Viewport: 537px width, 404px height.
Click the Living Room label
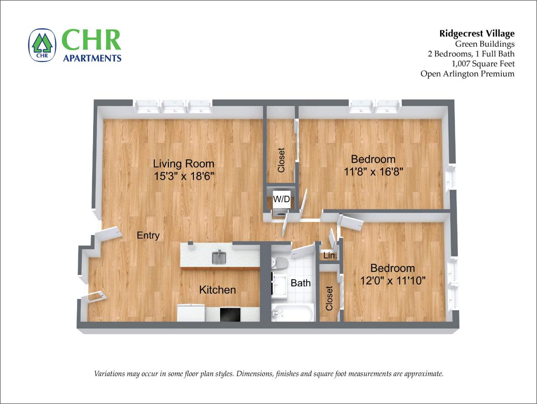click(x=183, y=164)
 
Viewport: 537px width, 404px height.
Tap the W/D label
click(x=282, y=199)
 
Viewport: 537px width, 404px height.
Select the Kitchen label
click(x=217, y=290)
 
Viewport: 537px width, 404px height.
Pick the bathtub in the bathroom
click(x=292, y=312)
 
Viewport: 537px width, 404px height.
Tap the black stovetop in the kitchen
click(x=230, y=314)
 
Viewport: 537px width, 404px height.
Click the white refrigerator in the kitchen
click(x=190, y=313)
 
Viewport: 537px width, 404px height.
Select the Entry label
click(x=148, y=235)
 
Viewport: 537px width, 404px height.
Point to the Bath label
click(x=301, y=283)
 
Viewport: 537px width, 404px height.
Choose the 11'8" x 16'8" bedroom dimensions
click(x=373, y=172)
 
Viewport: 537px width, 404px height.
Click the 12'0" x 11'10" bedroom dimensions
click(x=393, y=280)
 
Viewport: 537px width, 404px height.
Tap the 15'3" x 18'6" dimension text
click(x=184, y=176)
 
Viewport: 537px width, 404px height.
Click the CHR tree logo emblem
click(x=42, y=45)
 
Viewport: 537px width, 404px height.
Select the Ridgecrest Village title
click(x=477, y=34)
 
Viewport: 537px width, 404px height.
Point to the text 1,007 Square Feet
click(x=483, y=64)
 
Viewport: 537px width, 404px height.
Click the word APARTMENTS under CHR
click(x=92, y=58)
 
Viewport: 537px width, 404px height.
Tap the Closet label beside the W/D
click(x=281, y=160)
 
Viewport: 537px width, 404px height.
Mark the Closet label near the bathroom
click(x=329, y=298)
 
